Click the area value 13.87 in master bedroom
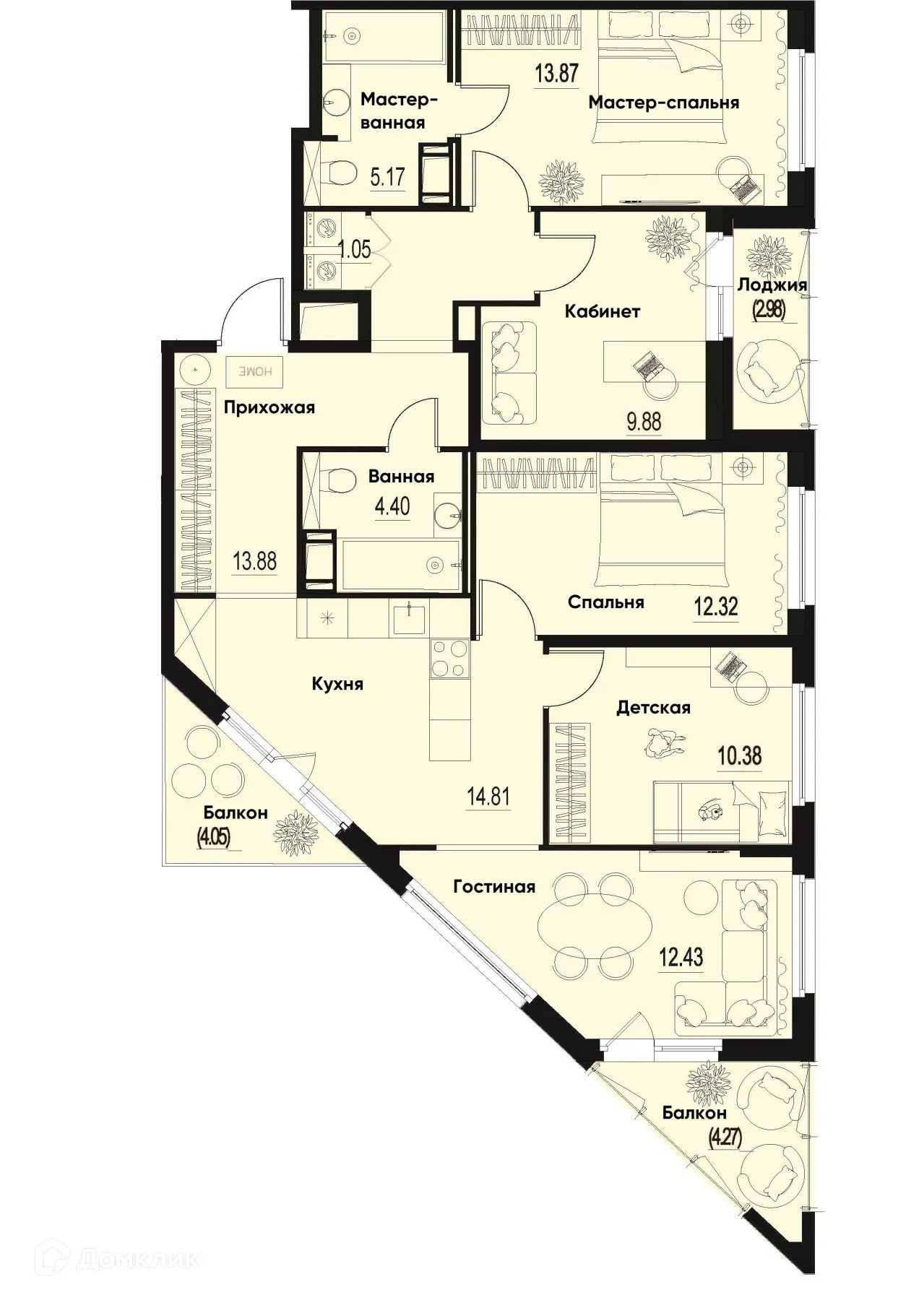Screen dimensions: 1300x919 (x=556, y=73)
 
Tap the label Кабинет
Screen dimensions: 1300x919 (x=603, y=312)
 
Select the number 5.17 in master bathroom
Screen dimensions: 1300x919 (x=387, y=177)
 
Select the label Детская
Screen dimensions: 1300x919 (x=653, y=708)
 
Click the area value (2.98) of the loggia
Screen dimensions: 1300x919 (x=769, y=309)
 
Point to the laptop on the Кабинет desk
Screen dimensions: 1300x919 (x=647, y=368)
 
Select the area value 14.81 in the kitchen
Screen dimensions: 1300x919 (x=489, y=797)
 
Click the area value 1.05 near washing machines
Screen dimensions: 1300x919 (x=355, y=250)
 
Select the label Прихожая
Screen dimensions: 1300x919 (x=269, y=408)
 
